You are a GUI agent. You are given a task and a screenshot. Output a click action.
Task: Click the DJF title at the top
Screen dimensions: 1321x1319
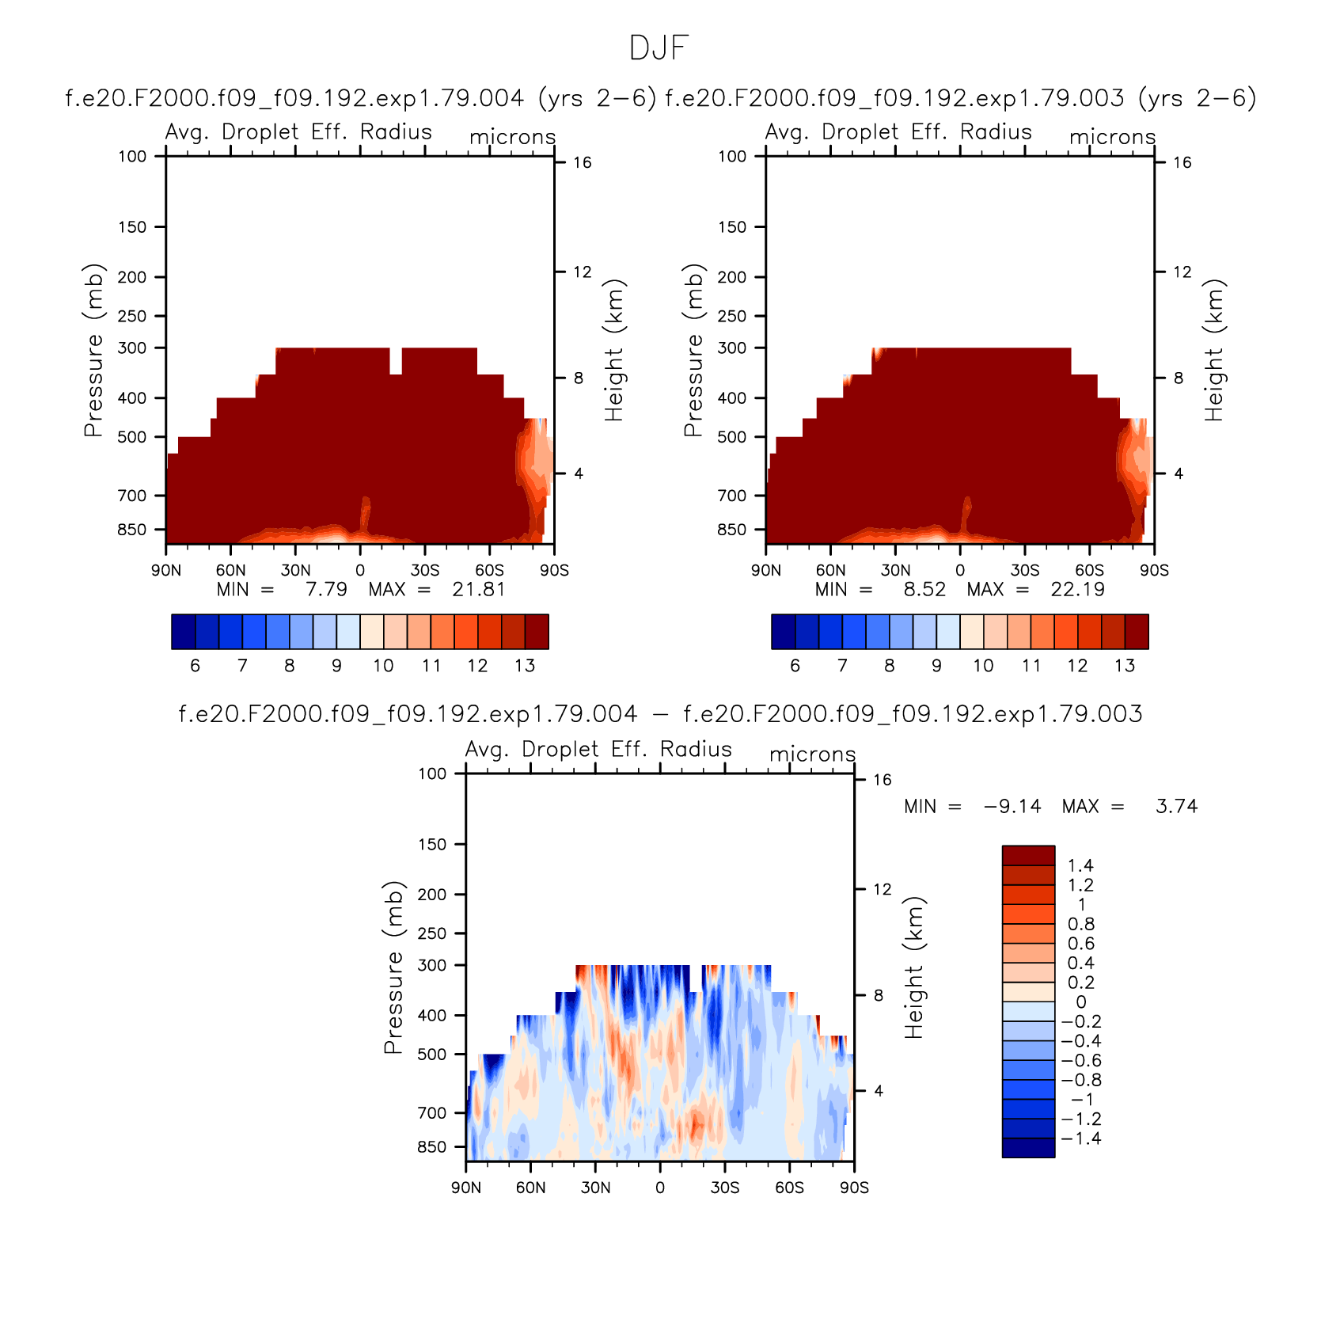tap(659, 48)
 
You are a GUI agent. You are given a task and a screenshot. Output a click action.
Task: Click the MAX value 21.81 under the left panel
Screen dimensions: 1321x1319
tap(478, 590)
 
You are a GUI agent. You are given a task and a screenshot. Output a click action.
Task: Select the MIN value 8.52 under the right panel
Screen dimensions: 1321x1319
tap(924, 590)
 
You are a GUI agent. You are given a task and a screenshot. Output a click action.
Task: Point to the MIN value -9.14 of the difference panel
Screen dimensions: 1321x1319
tap(1012, 807)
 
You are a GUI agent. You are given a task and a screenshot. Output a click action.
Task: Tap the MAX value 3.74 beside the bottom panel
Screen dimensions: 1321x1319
tap(1177, 807)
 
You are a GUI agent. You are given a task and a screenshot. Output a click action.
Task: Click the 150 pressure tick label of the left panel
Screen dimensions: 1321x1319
tap(132, 227)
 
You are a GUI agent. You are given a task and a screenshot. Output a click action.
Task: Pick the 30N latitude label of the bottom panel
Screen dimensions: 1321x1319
tap(595, 1188)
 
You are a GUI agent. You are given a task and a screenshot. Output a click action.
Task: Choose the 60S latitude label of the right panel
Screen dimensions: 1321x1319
tap(1089, 571)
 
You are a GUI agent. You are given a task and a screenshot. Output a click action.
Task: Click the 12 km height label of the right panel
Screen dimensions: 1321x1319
tap(1182, 272)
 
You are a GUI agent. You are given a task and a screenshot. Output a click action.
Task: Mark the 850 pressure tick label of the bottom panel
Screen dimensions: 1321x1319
tap(432, 1147)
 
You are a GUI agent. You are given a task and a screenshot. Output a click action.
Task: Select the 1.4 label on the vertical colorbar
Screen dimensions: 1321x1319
tap(1080, 866)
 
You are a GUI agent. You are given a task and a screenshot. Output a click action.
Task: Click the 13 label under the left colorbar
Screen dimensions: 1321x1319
tap(525, 666)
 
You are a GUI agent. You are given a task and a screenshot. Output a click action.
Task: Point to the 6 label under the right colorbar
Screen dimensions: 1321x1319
tap(795, 666)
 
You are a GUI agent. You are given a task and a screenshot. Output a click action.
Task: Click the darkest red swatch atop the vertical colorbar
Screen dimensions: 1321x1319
tap(1028, 855)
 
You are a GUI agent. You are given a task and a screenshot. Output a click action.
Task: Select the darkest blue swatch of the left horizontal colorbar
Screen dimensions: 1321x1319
tap(183, 632)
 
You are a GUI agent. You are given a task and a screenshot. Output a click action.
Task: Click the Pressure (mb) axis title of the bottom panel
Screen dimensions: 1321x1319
tap(393, 967)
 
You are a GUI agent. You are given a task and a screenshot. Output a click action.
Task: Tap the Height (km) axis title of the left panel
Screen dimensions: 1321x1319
tap(614, 350)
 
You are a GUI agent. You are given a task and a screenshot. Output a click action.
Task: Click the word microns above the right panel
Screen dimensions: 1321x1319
tap(1112, 137)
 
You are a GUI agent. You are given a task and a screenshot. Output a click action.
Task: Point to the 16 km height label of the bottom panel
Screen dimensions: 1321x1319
tap(882, 780)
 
